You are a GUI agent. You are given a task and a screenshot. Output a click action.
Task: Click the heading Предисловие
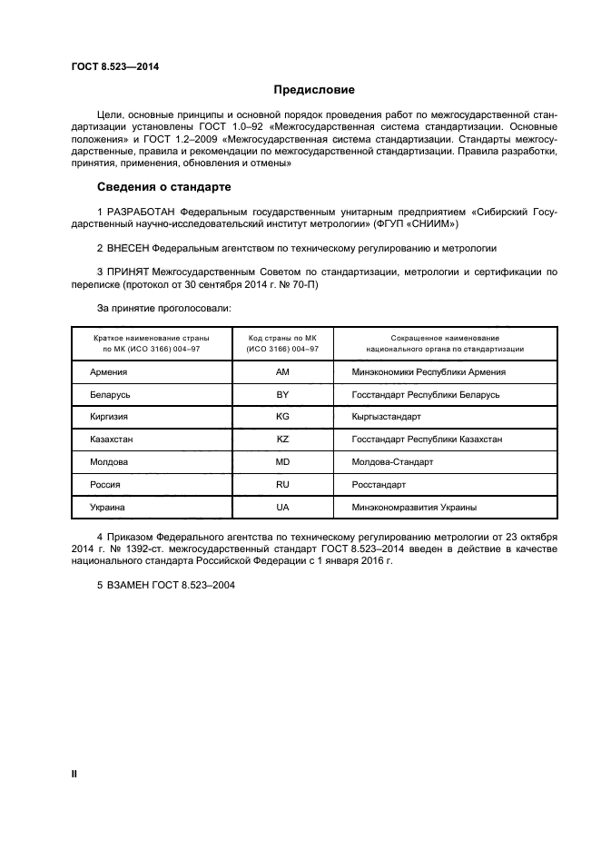[314, 90]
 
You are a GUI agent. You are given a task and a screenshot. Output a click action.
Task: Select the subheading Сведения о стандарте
[163, 187]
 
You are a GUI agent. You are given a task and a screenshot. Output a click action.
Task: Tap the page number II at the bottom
[74, 773]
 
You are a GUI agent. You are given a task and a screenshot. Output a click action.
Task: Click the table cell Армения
[109, 372]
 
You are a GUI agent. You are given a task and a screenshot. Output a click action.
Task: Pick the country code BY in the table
[282, 395]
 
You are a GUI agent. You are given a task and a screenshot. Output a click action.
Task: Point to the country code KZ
[282, 440]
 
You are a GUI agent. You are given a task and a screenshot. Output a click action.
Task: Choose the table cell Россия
[105, 485]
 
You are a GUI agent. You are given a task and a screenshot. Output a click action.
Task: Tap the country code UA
[282, 508]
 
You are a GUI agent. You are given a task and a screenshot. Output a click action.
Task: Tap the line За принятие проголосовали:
[163, 309]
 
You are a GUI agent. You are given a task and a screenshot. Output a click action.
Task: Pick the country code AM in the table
[282, 372]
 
